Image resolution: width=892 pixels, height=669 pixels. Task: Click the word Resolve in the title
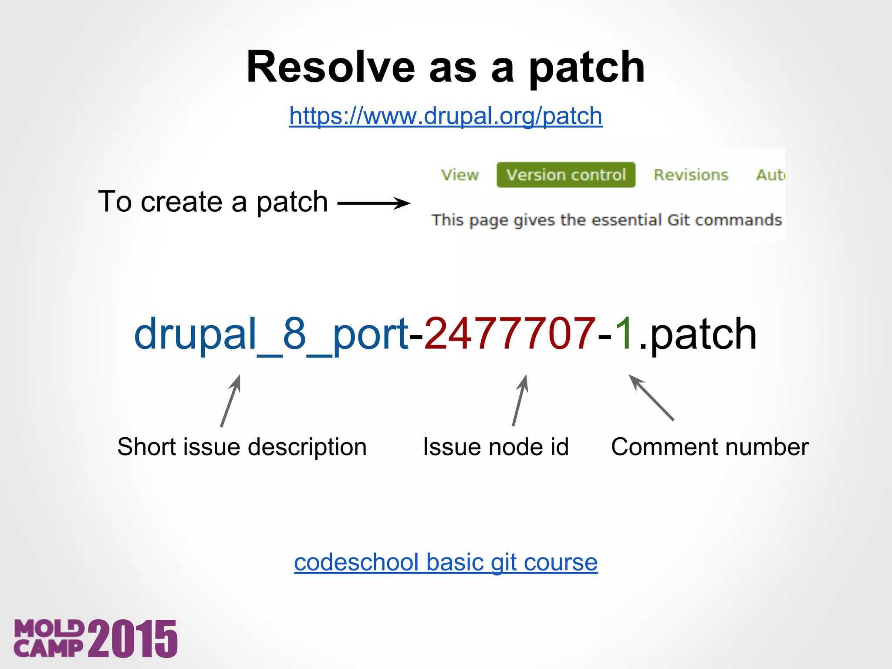tap(331, 68)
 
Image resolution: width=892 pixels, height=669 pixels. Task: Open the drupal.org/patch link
tap(446, 116)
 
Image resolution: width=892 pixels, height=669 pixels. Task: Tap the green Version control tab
tap(566, 175)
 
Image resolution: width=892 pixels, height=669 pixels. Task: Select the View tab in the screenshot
tap(460, 175)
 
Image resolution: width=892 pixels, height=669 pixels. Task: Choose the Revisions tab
tap(691, 175)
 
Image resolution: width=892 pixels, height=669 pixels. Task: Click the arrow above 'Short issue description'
tap(230, 401)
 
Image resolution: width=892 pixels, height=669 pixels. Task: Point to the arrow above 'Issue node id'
tap(520, 400)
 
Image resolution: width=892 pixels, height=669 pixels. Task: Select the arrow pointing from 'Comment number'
tap(652, 398)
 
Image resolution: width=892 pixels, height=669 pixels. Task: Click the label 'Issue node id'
tap(496, 447)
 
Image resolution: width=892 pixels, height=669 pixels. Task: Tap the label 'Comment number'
tap(710, 447)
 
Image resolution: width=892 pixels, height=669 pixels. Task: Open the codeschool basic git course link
tap(446, 562)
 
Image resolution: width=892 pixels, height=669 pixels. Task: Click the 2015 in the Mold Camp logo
tap(133, 639)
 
